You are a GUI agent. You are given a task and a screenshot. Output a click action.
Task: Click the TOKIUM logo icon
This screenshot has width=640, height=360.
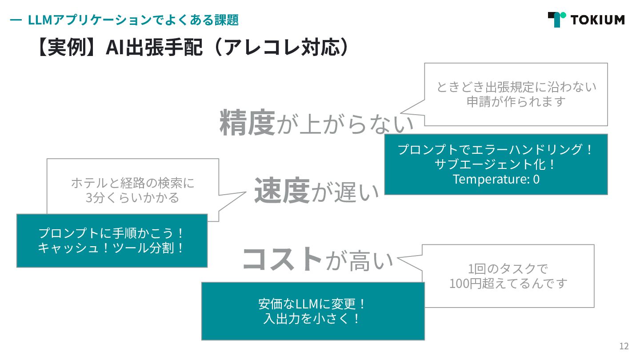click(556, 20)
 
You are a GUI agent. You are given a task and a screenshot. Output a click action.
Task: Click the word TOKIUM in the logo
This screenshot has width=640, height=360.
click(597, 20)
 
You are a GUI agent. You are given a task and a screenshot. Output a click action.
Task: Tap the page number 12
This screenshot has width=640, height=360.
click(624, 346)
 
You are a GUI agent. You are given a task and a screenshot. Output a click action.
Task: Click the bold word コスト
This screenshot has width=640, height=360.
click(282, 259)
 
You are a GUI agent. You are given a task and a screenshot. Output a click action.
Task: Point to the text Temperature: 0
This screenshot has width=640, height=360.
click(496, 179)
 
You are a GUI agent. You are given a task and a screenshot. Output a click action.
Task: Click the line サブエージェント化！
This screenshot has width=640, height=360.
click(496, 164)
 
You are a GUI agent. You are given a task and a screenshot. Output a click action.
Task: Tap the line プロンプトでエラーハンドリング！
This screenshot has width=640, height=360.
click(496, 149)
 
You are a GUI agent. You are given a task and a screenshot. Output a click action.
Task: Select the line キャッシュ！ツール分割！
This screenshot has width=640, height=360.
click(112, 248)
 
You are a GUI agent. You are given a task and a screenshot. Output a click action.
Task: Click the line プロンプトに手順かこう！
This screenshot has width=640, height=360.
click(112, 233)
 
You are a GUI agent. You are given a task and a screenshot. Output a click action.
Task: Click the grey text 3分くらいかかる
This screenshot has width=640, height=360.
click(132, 197)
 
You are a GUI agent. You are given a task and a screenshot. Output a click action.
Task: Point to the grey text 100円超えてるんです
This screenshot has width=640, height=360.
click(508, 283)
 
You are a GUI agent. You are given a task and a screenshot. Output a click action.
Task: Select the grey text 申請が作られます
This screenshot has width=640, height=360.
click(516, 101)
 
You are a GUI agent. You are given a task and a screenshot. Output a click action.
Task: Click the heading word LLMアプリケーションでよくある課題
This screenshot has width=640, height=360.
click(133, 20)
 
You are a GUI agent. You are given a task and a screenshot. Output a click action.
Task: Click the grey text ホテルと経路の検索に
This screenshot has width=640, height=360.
click(132, 183)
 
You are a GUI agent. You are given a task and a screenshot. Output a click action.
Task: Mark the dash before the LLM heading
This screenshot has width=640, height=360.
click(16, 20)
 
